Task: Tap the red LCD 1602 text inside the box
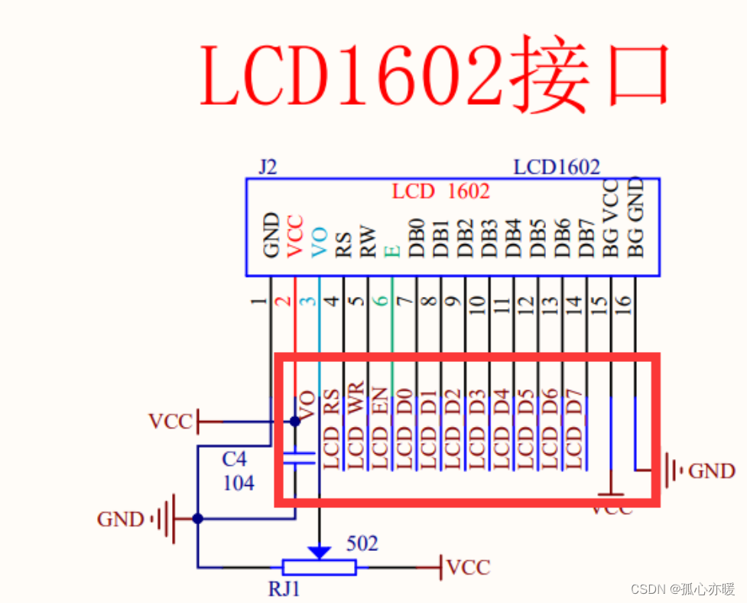pos(440,191)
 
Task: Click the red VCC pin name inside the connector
pos(295,236)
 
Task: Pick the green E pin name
pos(393,250)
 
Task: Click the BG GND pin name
pos(636,218)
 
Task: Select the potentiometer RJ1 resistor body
pos(318,567)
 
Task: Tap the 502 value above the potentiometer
pos(362,543)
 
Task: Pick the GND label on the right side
pos(711,471)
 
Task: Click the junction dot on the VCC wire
pos(295,421)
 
